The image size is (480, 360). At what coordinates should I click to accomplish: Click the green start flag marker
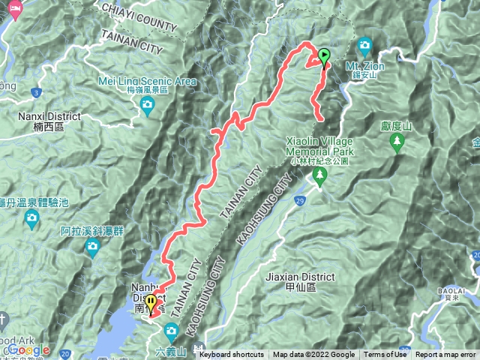324,55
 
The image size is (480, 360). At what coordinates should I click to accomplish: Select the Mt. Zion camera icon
364,45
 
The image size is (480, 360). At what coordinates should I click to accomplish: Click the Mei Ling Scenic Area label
147,81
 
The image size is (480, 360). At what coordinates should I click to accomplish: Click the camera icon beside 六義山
171,330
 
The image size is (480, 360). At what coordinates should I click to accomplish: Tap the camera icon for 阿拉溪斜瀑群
93,247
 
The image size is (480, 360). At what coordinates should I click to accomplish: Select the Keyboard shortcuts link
232,355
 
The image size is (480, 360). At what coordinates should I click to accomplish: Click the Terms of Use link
384,355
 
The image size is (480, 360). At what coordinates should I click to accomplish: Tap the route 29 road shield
299,202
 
